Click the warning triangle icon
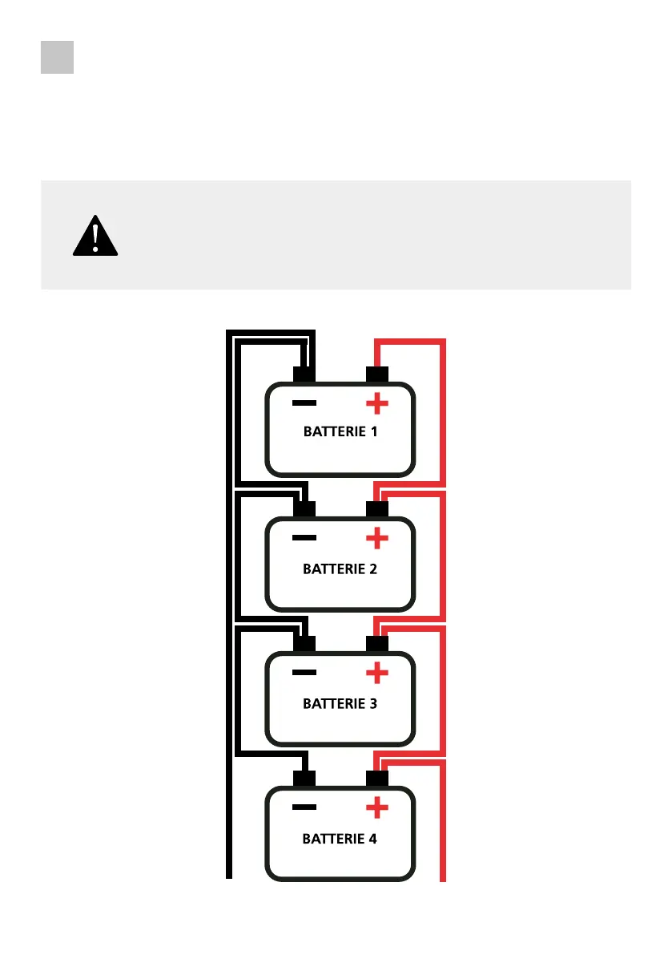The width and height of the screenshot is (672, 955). (95, 236)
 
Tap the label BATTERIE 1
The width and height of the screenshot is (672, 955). (340, 431)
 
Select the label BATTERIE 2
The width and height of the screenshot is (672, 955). (340, 569)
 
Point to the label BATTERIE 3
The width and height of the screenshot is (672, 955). (340, 704)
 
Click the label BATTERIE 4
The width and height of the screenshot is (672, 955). (340, 840)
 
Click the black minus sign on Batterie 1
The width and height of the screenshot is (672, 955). (304, 403)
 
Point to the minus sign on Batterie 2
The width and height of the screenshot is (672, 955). (304, 538)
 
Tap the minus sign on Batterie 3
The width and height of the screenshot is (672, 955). (304, 673)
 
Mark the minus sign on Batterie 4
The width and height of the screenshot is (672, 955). (304, 807)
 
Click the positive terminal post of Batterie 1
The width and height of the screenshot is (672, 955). (376, 374)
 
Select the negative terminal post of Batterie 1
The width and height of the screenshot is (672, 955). (304, 374)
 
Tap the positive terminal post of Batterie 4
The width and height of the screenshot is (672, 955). (376, 779)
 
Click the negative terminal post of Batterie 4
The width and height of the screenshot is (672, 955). (304, 779)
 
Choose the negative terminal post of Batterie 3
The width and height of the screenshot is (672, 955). (304, 644)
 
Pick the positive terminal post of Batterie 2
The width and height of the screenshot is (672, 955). (376, 509)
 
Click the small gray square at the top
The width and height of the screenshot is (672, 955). (58, 58)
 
